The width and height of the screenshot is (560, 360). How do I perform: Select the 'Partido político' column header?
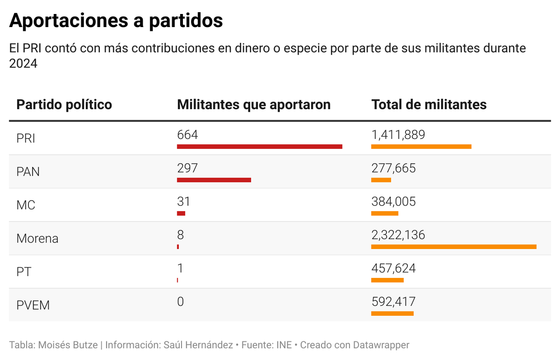point(64,104)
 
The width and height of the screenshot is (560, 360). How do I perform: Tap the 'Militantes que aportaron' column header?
point(253,104)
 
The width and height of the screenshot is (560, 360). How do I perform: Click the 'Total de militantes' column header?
point(428,104)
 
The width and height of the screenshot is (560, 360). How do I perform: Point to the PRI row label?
point(26,138)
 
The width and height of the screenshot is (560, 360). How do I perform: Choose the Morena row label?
point(37,239)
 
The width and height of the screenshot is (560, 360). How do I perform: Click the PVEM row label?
point(33,305)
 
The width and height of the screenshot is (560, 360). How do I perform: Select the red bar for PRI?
point(259,146)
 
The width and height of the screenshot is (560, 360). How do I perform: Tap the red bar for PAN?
point(214,180)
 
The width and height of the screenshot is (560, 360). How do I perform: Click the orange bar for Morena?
point(454,247)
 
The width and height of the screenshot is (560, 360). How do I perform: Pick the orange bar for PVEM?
point(392,313)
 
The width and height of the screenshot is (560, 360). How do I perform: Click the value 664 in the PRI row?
point(188,135)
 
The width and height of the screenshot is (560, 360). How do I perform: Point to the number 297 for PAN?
point(188,168)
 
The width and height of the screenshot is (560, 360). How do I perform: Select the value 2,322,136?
point(398,235)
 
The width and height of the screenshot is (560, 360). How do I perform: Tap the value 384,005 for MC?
point(393,201)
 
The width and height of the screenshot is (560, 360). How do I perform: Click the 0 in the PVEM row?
point(181,302)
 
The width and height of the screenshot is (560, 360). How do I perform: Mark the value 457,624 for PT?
point(393,269)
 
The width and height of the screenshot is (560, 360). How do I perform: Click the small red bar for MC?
point(181,213)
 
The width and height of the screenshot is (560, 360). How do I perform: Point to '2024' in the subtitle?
point(23,63)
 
